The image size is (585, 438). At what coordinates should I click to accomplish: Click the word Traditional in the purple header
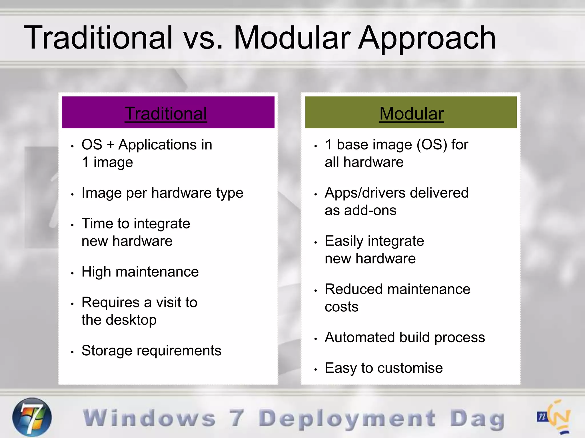click(x=166, y=113)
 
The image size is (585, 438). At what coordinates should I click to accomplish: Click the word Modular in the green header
click(x=411, y=113)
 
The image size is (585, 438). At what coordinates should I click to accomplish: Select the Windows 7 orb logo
click(x=32, y=417)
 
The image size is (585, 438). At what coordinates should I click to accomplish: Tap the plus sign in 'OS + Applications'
click(x=111, y=145)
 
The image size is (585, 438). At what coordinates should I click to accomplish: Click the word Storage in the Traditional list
click(x=107, y=351)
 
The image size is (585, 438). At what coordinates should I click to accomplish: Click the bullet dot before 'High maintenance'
click(x=73, y=273)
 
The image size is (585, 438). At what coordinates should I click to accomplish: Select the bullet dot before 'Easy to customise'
click(x=316, y=370)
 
